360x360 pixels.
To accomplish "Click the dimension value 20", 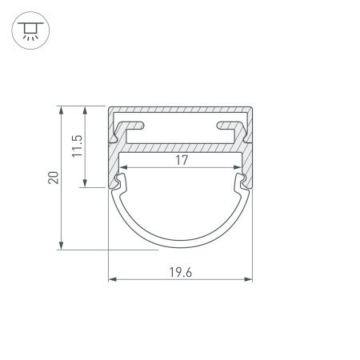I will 53,178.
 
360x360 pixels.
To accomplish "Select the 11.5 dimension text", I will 77,146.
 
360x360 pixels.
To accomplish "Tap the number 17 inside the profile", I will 181,161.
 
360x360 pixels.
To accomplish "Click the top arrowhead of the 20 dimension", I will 62,110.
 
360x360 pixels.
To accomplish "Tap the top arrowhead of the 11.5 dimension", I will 84,110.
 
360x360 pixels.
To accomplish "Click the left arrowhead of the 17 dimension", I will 123,169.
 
